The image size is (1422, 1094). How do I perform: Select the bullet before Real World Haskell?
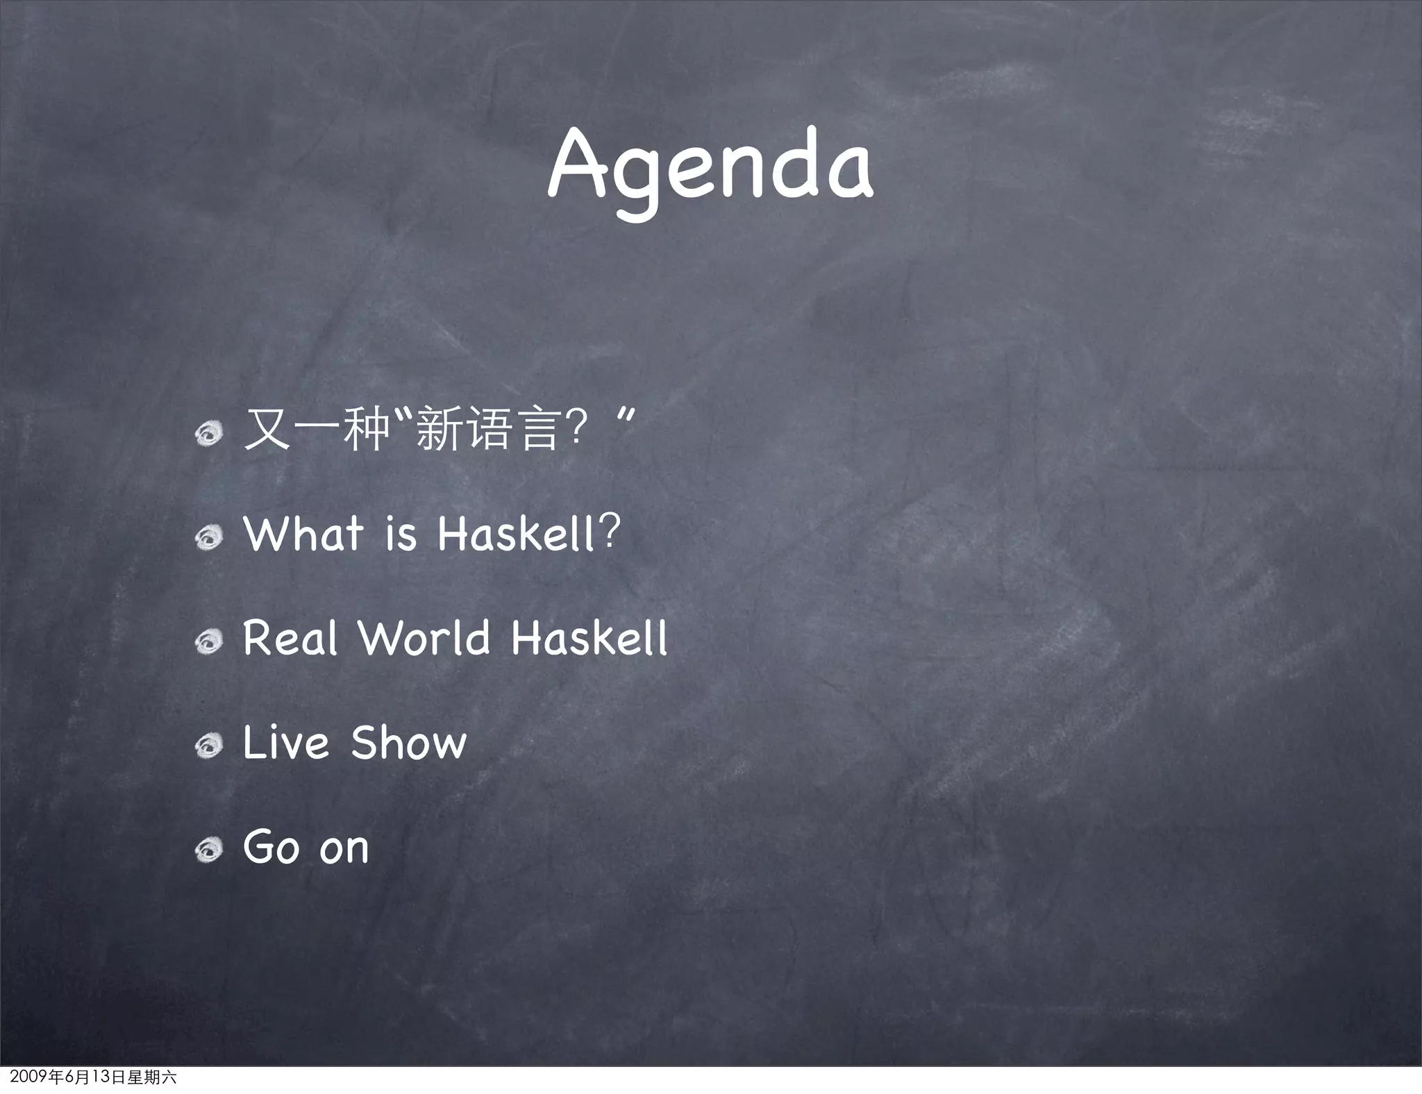click(208, 641)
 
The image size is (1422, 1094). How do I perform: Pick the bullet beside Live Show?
click(208, 746)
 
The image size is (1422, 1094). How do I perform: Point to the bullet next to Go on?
click(208, 850)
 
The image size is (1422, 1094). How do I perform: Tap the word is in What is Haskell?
click(401, 535)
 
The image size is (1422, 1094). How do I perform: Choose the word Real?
click(290, 638)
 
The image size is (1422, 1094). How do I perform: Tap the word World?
click(424, 638)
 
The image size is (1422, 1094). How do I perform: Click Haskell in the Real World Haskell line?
click(589, 638)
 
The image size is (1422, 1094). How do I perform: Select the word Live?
click(285, 743)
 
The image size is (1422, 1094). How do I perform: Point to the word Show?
click(408, 743)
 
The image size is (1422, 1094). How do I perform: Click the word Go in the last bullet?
click(271, 847)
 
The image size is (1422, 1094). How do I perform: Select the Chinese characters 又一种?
click(317, 430)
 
